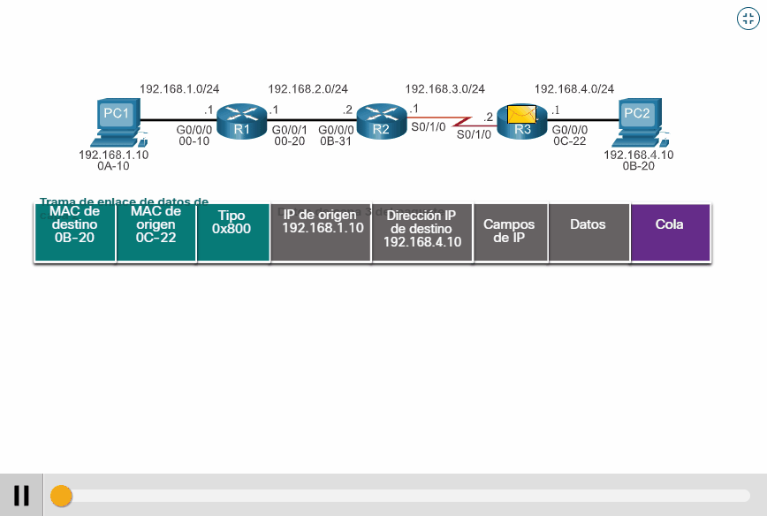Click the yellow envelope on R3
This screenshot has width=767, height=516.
521,114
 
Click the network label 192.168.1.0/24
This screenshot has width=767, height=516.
179,88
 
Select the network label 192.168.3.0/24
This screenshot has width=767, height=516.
444,88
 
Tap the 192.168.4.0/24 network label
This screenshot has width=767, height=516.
573,88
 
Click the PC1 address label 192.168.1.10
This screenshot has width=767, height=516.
113,155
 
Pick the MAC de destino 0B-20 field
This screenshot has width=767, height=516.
75,232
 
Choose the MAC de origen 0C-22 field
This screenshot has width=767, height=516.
156,232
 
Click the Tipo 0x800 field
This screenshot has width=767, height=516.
232,232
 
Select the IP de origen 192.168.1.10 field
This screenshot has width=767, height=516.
322,232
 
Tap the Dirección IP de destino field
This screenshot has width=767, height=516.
422,232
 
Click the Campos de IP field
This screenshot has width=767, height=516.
510,232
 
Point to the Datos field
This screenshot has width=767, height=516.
589,232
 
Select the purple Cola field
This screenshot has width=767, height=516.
670,232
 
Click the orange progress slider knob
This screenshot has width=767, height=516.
61,496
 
